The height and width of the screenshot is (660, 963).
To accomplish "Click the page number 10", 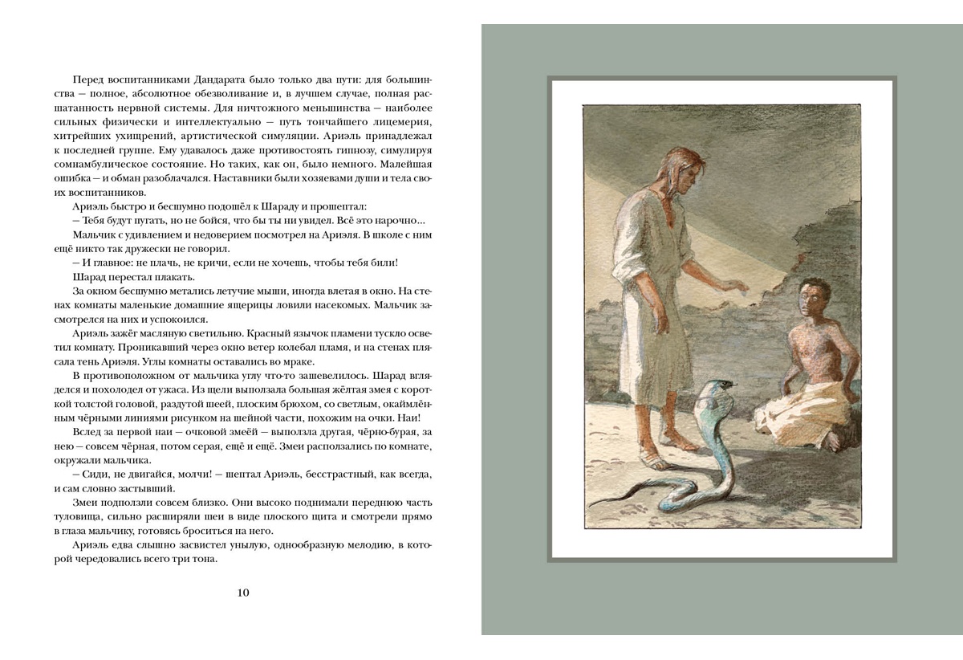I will tap(244, 593).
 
